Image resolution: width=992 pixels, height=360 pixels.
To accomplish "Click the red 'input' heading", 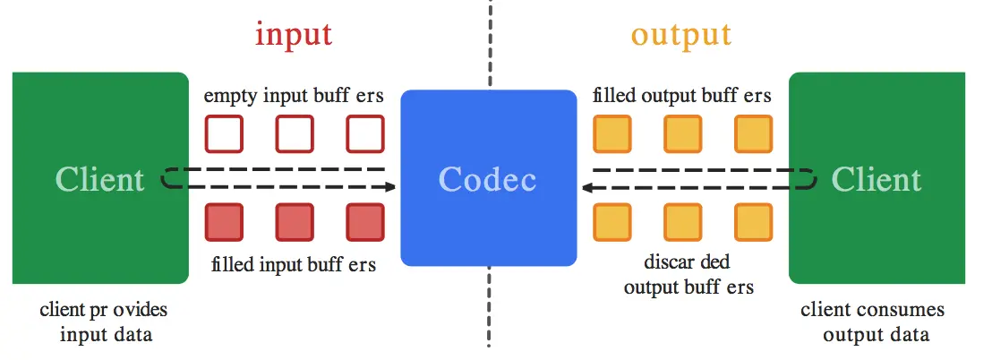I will coord(294,34).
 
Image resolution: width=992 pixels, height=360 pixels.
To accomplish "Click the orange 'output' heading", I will coord(680,34).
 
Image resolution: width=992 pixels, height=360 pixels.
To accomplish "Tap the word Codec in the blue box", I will coord(488,179).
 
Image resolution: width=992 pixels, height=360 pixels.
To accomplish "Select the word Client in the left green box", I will coord(100,179).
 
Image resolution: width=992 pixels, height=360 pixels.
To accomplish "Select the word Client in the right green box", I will coord(876,179).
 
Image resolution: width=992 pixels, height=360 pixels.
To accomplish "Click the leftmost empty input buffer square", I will coord(224,134).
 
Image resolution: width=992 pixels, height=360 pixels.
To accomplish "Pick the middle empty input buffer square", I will coord(295,134).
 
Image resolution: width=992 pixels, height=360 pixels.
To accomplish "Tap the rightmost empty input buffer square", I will coord(365,134).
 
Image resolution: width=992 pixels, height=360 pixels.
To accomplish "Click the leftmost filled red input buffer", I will coord(224,223).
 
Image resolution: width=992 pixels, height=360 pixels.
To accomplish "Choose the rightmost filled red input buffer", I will coord(365,223).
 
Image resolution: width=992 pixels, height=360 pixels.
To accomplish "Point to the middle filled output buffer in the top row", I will coord(682,134).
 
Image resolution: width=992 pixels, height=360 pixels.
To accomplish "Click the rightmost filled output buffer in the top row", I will coord(753,134).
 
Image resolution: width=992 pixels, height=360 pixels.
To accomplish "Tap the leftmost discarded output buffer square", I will coord(612,223).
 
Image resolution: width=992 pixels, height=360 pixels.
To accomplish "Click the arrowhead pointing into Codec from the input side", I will coord(389,187).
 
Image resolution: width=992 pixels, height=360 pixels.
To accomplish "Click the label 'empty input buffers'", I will coord(295,96).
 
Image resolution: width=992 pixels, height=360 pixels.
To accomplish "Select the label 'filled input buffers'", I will coord(295,265).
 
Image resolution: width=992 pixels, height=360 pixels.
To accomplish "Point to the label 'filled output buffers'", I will coord(682,96).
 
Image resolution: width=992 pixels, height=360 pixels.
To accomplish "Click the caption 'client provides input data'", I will coord(104,322).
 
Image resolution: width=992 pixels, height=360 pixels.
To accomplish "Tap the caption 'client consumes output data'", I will coord(873,322).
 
